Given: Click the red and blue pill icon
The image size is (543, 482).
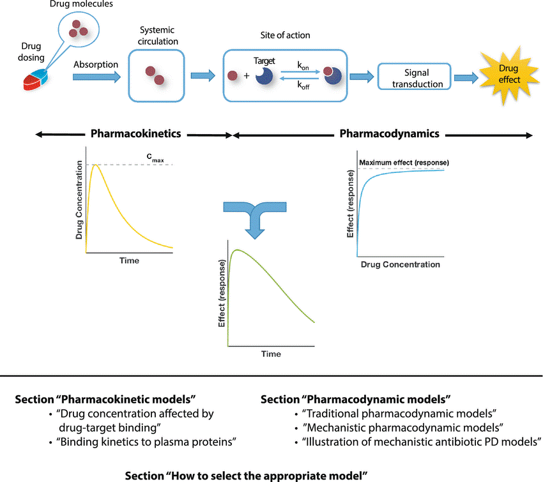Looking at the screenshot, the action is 35,80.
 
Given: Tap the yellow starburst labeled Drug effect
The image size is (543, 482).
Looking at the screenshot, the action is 509,75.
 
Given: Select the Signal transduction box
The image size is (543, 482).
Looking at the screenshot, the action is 414,77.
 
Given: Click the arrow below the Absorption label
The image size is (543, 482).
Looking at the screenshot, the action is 96,77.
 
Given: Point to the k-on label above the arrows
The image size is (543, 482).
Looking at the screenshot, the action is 303,65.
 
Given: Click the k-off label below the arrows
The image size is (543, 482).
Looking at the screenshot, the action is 303,85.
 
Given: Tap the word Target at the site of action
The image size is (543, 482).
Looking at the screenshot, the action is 264,61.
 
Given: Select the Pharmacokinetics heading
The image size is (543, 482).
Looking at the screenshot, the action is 135,133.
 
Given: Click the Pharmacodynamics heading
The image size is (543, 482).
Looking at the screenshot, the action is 389,133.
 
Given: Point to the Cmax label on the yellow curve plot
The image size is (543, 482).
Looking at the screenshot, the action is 155,158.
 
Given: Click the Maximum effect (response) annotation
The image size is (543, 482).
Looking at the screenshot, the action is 404,162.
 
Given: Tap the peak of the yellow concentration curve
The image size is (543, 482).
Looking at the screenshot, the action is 96,165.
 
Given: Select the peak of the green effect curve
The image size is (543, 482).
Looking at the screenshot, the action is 237,250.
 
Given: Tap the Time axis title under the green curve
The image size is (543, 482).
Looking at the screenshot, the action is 271,354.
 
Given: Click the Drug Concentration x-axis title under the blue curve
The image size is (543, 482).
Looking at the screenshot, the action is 401,264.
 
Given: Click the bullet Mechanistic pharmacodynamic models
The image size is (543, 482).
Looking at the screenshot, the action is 402,428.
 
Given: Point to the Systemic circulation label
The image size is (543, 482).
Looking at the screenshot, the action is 158,36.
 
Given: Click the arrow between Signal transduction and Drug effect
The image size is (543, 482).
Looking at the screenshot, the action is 466,77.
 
